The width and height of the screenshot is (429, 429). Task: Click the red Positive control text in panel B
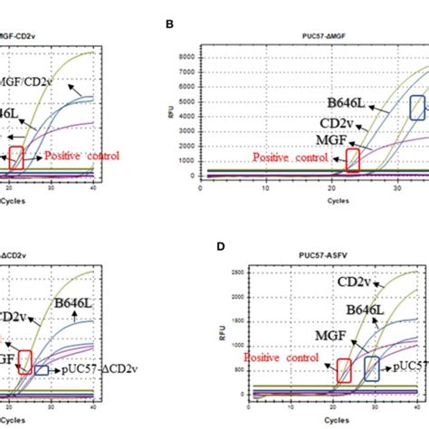(x=291, y=157)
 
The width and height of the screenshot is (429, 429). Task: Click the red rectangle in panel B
(x=353, y=161)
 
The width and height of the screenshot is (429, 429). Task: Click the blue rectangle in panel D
(x=372, y=368)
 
